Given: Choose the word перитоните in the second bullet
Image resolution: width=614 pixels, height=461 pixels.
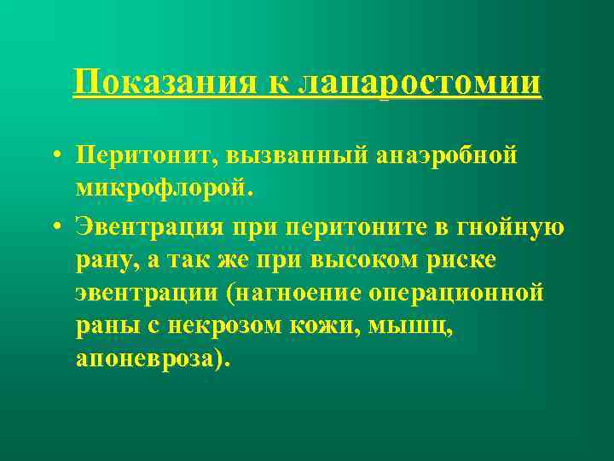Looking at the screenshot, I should tap(356, 228).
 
